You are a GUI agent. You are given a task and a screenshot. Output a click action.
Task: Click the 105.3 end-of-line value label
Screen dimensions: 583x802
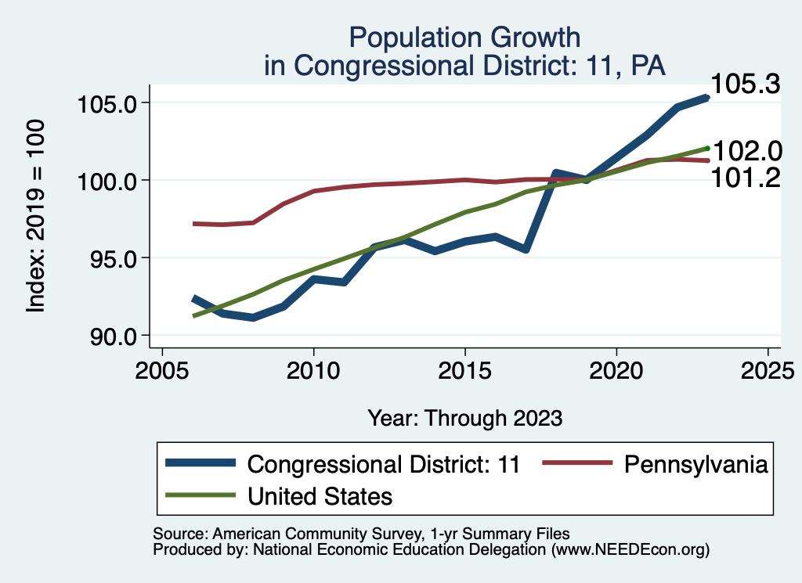[x=746, y=85]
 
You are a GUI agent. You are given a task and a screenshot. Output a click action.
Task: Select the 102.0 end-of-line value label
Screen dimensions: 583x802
[x=746, y=150]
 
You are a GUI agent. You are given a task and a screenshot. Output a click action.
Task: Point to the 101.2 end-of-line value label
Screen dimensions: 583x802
[x=746, y=178]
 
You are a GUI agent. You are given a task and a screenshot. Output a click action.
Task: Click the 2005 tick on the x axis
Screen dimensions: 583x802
[x=161, y=370]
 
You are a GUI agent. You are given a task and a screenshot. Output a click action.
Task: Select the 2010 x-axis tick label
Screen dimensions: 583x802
[x=313, y=370]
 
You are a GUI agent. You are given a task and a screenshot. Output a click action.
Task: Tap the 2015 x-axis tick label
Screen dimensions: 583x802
[x=465, y=370]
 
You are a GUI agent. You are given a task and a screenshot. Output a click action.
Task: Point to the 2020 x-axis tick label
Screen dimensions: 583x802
[x=616, y=370]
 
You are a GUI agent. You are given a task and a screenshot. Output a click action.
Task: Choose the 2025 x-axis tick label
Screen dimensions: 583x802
[x=768, y=370]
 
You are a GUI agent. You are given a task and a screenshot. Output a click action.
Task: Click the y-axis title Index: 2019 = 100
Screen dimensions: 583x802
[x=36, y=217]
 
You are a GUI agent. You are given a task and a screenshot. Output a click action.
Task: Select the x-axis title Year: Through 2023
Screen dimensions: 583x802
[x=465, y=418]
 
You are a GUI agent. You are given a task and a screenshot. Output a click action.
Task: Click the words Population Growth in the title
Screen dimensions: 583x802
[x=465, y=37]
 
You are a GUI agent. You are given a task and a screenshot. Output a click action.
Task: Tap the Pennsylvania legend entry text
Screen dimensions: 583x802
[x=695, y=464]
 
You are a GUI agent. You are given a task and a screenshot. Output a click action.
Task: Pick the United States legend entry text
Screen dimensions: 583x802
[x=320, y=495]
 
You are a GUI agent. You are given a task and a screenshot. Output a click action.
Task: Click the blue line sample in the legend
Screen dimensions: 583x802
[x=201, y=464]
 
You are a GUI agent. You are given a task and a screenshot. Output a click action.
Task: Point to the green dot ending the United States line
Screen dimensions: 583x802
[x=707, y=148]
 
